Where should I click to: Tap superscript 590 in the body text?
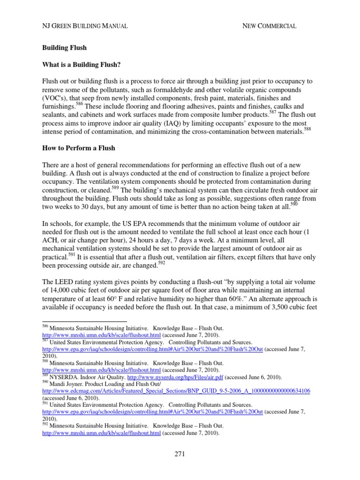click(x=293, y=203)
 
